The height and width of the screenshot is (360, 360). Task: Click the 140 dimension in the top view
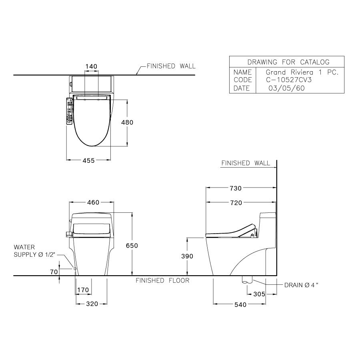91,66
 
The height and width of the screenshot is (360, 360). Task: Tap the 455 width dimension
88,160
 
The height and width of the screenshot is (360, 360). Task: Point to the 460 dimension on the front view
93,203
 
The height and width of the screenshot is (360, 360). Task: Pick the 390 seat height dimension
188,256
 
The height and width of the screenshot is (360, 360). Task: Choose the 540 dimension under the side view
240,305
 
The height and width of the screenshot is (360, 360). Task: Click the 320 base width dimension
92,304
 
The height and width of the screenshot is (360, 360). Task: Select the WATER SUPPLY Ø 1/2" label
34,251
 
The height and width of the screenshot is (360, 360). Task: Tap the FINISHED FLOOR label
162,280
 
